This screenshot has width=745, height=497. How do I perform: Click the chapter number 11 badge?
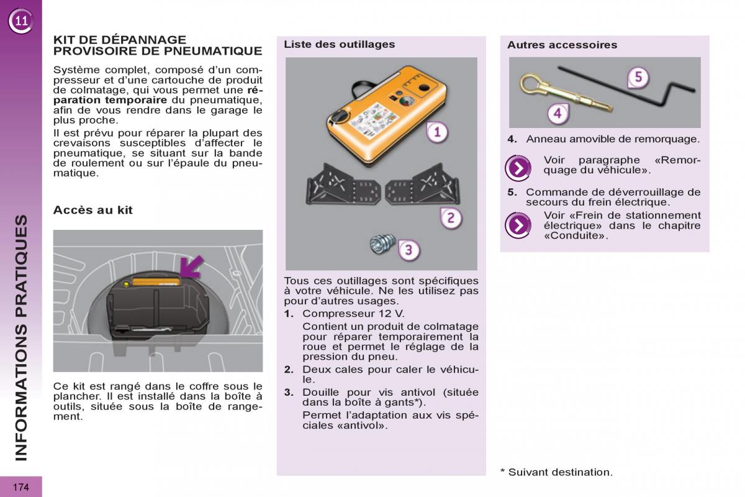point(21,22)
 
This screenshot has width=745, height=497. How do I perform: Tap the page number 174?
point(20,487)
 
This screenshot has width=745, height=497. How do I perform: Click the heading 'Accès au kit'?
point(93,210)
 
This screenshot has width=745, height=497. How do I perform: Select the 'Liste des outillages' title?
point(339,45)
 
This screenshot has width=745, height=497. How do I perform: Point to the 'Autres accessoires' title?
point(562,45)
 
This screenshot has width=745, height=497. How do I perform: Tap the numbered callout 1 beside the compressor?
point(438,132)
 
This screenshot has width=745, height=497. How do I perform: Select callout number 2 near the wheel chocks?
point(451,217)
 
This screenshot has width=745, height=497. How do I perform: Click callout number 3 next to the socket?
point(409,250)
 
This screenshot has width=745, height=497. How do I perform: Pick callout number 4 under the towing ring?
point(558,114)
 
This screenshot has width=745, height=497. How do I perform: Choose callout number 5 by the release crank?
point(638,77)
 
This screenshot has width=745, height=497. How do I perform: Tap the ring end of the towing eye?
point(530,84)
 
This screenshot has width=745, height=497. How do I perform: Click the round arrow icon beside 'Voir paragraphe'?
point(517,168)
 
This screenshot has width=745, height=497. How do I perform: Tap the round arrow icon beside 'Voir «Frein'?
point(517,226)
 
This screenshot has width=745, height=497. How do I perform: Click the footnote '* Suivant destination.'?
point(556,472)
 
